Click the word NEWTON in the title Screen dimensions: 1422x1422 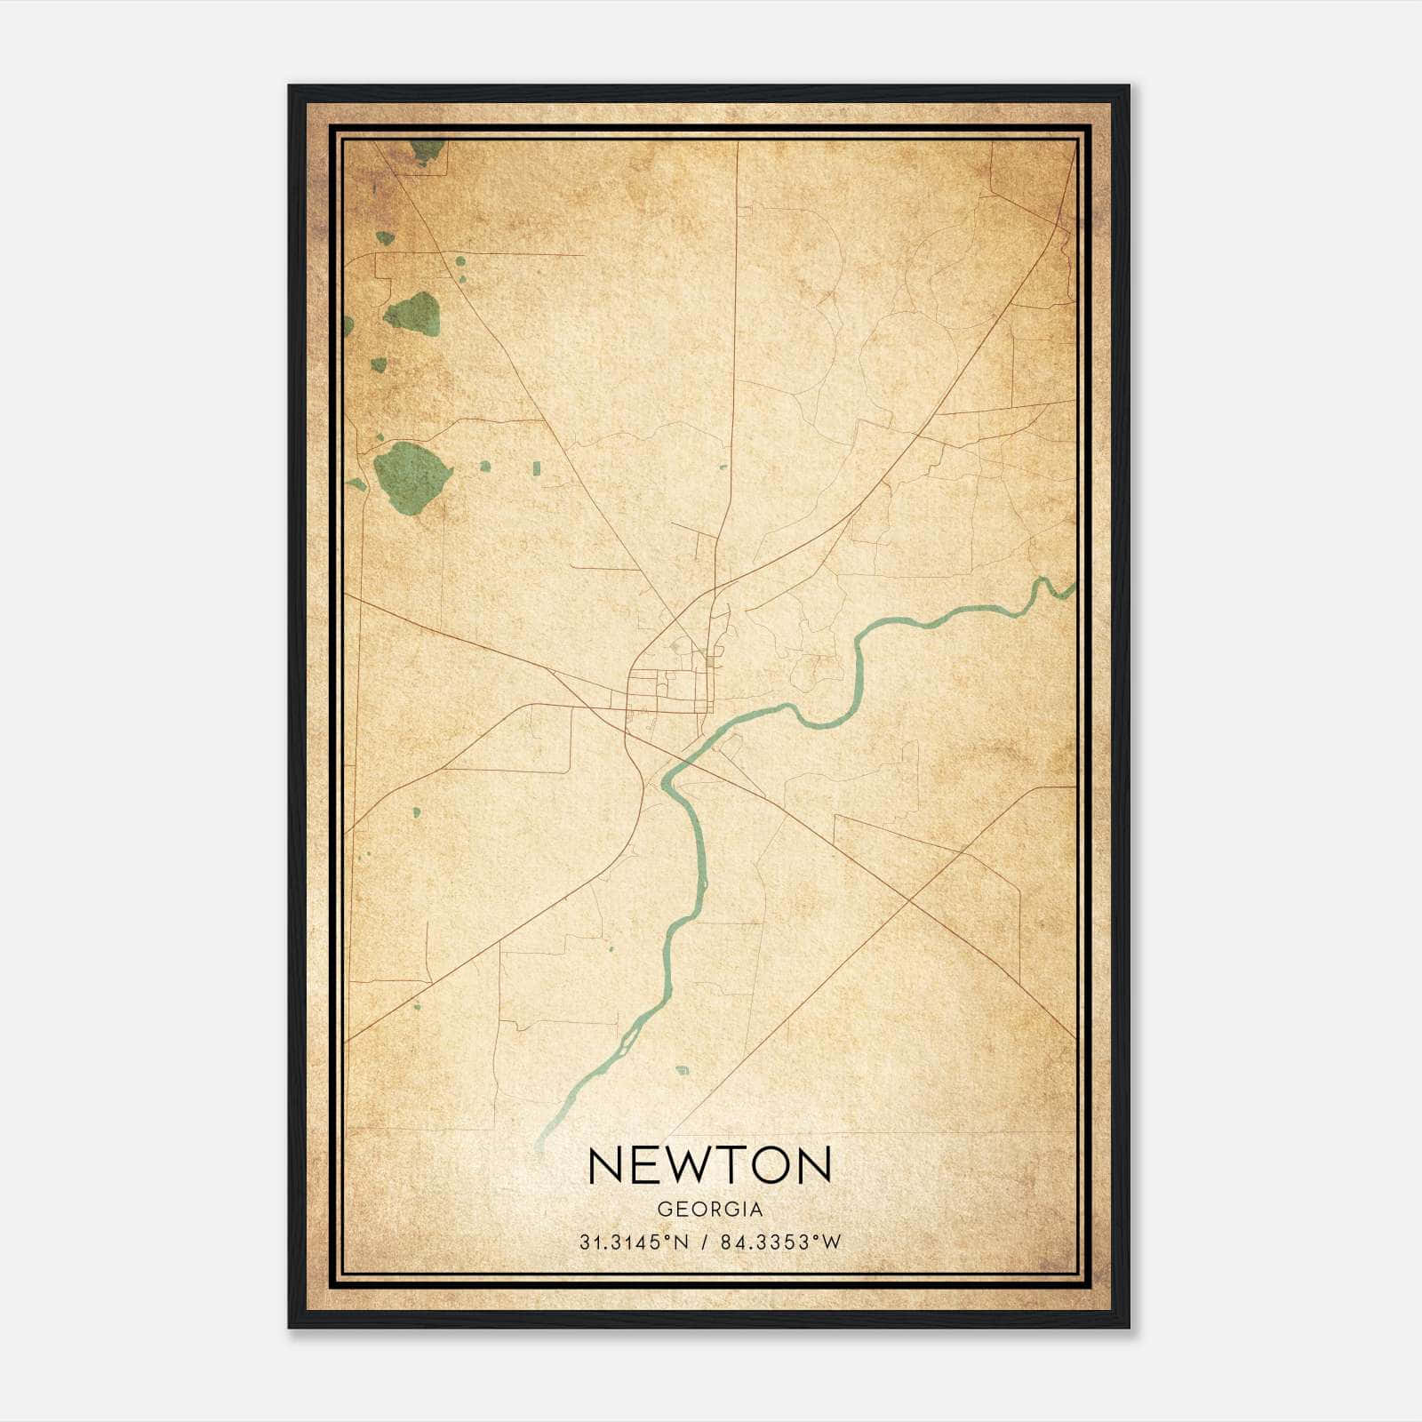pyautogui.click(x=709, y=1165)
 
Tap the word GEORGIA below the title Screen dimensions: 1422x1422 pyautogui.click(x=709, y=1210)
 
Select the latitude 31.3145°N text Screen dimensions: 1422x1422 pyautogui.click(x=634, y=1242)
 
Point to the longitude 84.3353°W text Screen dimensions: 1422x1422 pyautogui.click(x=780, y=1242)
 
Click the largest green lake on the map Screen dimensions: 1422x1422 pyautogui.click(x=411, y=476)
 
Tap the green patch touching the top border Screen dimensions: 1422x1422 pyautogui.click(x=428, y=150)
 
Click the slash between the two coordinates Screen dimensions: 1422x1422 pyautogui.click(x=706, y=1242)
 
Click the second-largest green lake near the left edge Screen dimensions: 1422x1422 pyautogui.click(x=413, y=313)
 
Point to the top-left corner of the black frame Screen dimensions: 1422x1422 pyautogui.click(x=290, y=87)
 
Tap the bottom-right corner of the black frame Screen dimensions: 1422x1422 pyautogui.click(x=1128, y=1326)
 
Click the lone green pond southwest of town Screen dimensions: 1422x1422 pyautogui.click(x=415, y=811)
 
